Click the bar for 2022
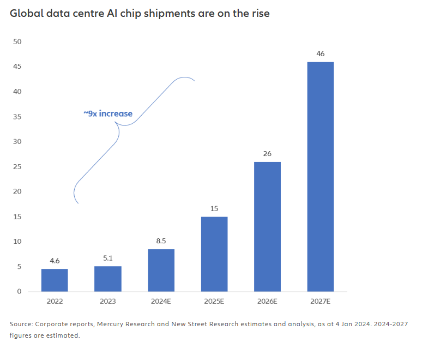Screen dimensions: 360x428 coord(55,280)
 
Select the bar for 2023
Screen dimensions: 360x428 coord(107,279)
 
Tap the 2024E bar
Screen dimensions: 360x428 coord(161,270)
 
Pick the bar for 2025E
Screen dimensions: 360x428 coord(214,254)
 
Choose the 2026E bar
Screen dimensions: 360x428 coord(267,226)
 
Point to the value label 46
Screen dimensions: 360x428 coord(321,54)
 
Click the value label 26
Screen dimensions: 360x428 coord(267,154)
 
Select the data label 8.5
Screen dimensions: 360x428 coord(161,242)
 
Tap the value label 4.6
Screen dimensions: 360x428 coord(55,261)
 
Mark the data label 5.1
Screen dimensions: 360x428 coord(107,259)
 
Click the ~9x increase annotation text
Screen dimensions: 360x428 coord(108,113)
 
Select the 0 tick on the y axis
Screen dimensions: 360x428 coord(19,291)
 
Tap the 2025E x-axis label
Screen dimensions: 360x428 coord(214,301)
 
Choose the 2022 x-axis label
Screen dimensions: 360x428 coord(55,301)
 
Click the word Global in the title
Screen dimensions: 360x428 coord(24,14)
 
